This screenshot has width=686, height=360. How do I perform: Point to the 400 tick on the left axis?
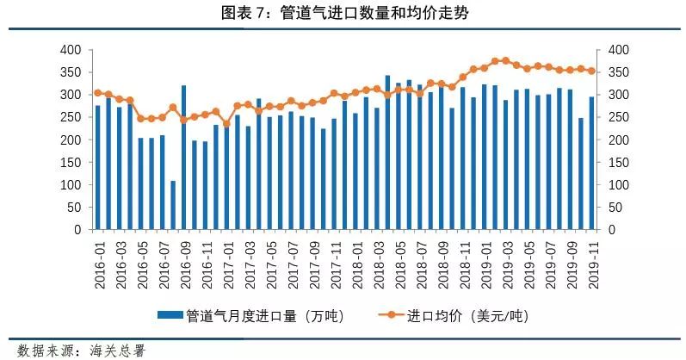click(71, 50)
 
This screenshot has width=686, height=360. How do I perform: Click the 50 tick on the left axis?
click(74, 208)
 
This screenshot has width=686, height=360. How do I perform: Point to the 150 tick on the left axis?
click(71, 163)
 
